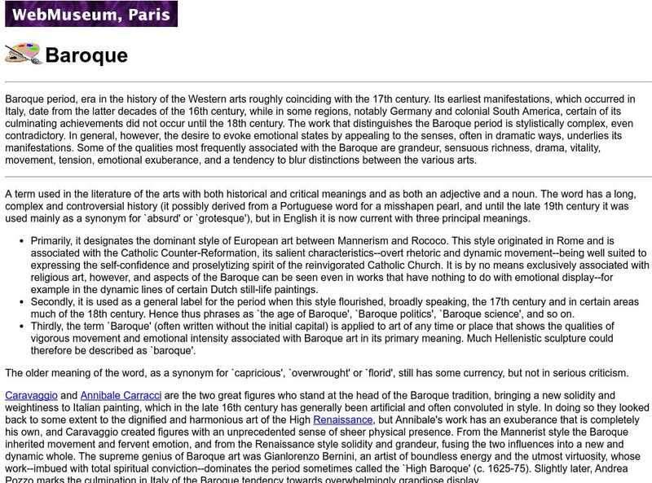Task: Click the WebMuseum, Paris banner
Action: pos(90,14)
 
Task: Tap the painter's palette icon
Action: pos(23,54)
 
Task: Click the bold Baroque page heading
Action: pos(86,55)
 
